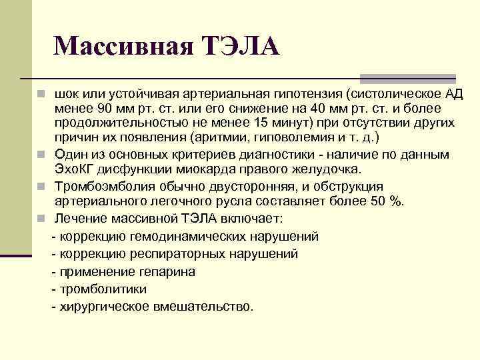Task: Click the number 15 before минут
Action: (x=263, y=124)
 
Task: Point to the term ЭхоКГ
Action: (x=76, y=169)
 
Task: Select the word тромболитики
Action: (x=103, y=289)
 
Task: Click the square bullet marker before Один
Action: (x=42, y=155)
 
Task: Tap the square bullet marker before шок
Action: (x=42, y=93)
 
